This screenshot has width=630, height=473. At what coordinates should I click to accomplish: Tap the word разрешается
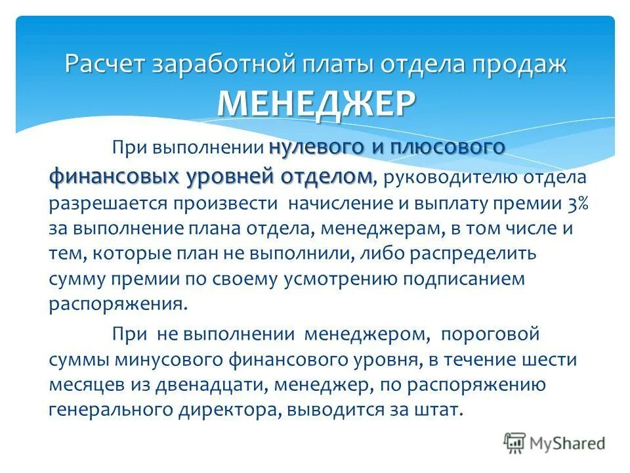(x=108, y=203)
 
